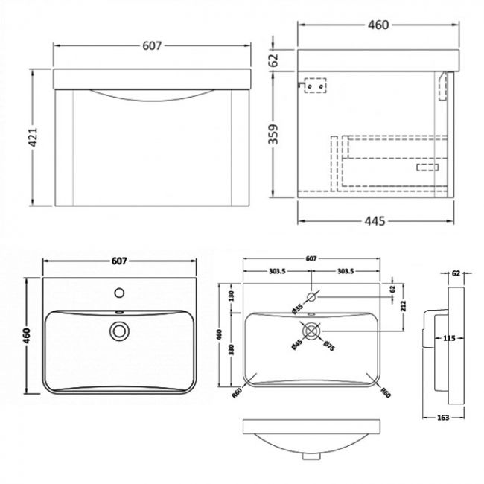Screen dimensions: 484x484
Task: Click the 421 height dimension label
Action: pyautogui.click(x=33, y=136)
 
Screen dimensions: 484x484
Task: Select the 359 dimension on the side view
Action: pyautogui.click(x=273, y=133)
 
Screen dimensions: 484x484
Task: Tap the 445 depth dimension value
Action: pyautogui.click(x=375, y=221)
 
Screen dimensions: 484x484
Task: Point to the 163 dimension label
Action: pyautogui.click(x=443, y=418)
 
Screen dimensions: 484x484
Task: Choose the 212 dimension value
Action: pyautogui.click(x=404, y=305)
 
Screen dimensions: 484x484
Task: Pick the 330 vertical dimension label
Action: pyautogui.click(x=232, y=349)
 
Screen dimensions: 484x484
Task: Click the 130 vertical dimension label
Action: pyautogui.click(x=232, y=296)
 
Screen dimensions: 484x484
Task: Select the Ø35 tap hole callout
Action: pyautogui.click(x=298, y=309)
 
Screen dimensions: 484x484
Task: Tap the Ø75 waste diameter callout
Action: pyautogui.click(x=329, y=346)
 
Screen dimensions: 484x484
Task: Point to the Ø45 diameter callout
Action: pyautogui.click(x=296, y=344)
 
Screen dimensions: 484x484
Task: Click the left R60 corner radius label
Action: pyautogui.click(x=237, y=393)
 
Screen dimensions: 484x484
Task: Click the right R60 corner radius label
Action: pyautogui.click(x=386, y=392)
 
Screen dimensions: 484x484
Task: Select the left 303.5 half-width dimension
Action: pyautogui.click(x=277, y=271)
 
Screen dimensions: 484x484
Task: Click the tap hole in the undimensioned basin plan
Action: pyautogui.click(x=119, y=293)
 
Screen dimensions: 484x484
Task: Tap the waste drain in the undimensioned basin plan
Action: pyautogui.click(x=118, y=331)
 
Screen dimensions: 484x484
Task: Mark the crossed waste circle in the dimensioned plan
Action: pyautogui.click(x=312, y=331)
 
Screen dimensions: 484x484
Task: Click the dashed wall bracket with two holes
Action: pyautogui.click(x=315, y=85)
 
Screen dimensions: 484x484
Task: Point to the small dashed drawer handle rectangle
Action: pyautogui.click(x=427, y=167)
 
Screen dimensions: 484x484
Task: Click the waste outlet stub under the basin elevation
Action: pyautogui.click(x=311, y=456)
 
